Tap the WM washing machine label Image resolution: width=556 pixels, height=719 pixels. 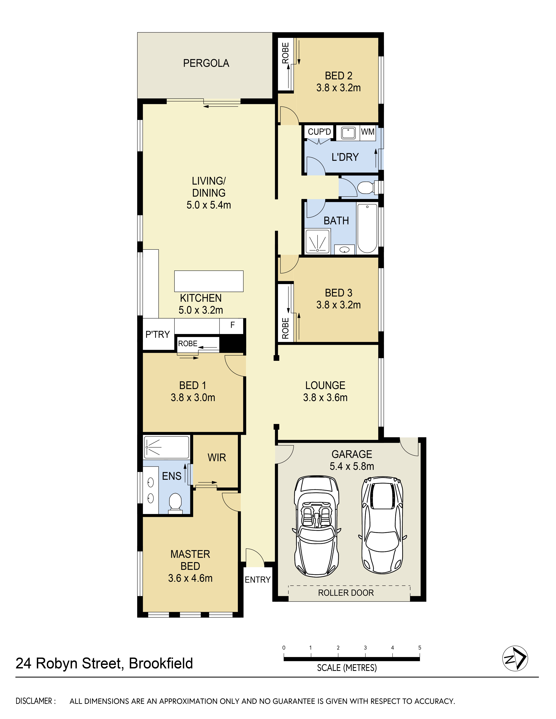pos(368,132)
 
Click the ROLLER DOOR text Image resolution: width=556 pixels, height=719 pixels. pos(346,593)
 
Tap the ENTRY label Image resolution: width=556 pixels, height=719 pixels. pos(258,580)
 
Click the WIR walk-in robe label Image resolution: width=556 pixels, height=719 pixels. pos(217,458)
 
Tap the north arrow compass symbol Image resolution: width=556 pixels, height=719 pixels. pos(515,658)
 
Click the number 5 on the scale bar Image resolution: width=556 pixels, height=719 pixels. pos(420,648)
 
